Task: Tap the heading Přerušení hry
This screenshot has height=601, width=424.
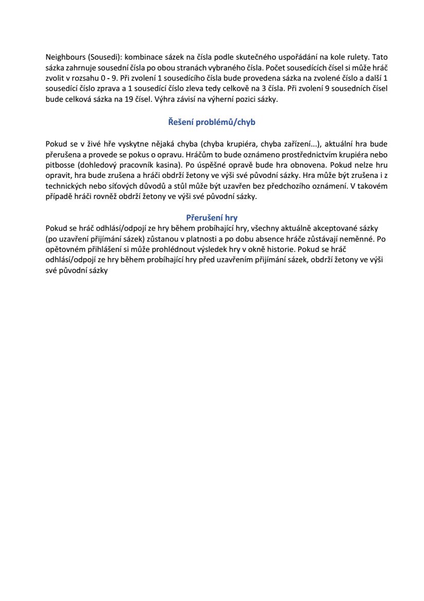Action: point(211,217)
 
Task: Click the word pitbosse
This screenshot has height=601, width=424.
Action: point(60,166)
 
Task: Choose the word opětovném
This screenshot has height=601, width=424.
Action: point(66,249)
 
